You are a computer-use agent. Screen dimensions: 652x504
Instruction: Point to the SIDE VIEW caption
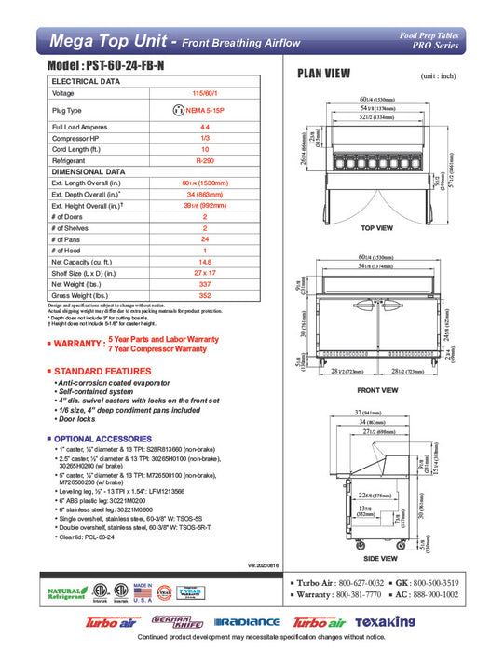click(x=376, y=557)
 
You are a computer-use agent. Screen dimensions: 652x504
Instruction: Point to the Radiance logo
click(x=247, y=622)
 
